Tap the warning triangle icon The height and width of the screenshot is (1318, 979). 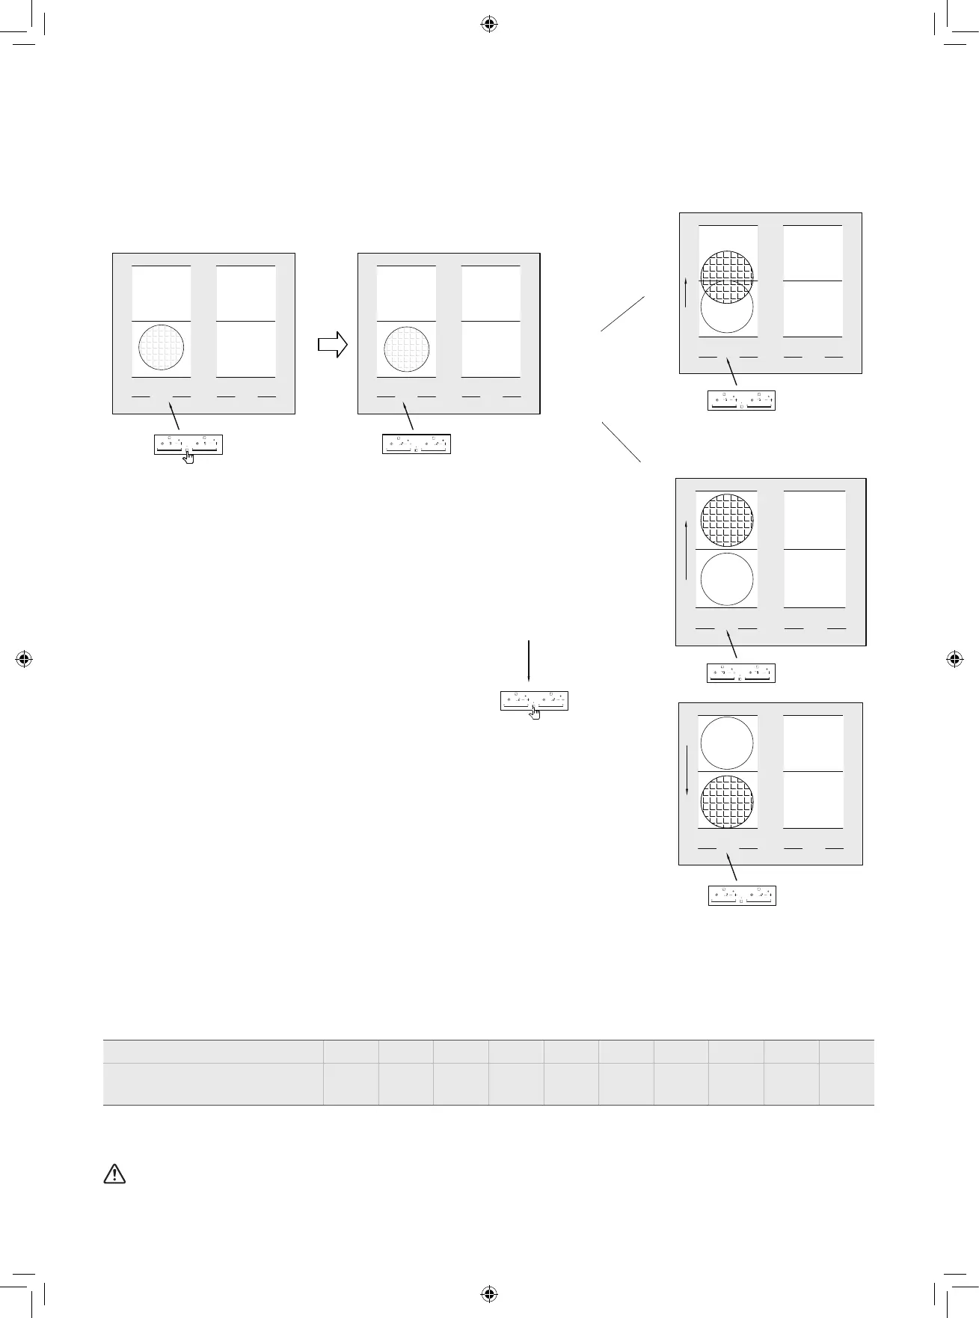click(114, 1174)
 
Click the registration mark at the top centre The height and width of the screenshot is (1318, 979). click(488, 25)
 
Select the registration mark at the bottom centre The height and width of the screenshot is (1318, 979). click(488, 1293)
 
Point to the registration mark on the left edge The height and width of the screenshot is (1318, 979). click(24, 659)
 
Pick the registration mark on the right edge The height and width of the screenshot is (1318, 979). click(954, 659)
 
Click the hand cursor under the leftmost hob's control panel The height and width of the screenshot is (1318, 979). click(188, 456)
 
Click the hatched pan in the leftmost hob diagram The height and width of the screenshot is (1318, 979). click(162, 348)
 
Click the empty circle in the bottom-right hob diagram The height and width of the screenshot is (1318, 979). click(727, 743)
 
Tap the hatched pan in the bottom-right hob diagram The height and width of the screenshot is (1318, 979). click(727, 802)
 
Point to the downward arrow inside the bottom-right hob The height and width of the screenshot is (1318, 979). click(687, 770)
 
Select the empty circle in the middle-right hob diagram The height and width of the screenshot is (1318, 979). click(727, 579)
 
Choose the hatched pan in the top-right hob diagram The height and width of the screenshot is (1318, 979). click(727, 277)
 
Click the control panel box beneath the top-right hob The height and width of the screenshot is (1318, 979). click(741, 400)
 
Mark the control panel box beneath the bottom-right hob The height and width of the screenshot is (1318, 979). click(742, 895)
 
